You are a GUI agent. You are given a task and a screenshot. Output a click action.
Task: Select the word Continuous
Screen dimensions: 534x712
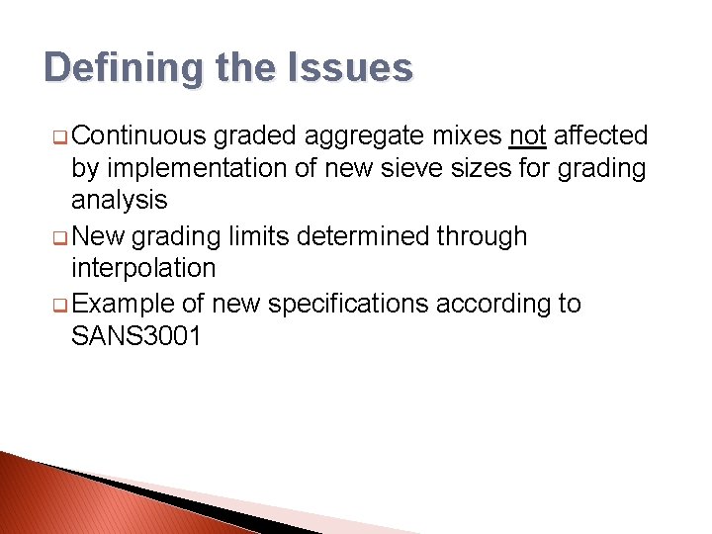[138, 135]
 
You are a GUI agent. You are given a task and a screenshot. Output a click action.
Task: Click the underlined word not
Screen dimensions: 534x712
[528, 135]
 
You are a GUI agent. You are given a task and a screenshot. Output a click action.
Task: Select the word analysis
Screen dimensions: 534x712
[120, 201]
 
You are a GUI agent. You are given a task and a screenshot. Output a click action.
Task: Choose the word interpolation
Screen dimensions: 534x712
[143, 268]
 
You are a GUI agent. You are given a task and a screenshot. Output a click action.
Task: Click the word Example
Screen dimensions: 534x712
[127, 304]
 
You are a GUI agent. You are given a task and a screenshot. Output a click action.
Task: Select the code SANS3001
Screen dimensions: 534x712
[136, 336]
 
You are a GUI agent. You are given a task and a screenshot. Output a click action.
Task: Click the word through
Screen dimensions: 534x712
[485, 236]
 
